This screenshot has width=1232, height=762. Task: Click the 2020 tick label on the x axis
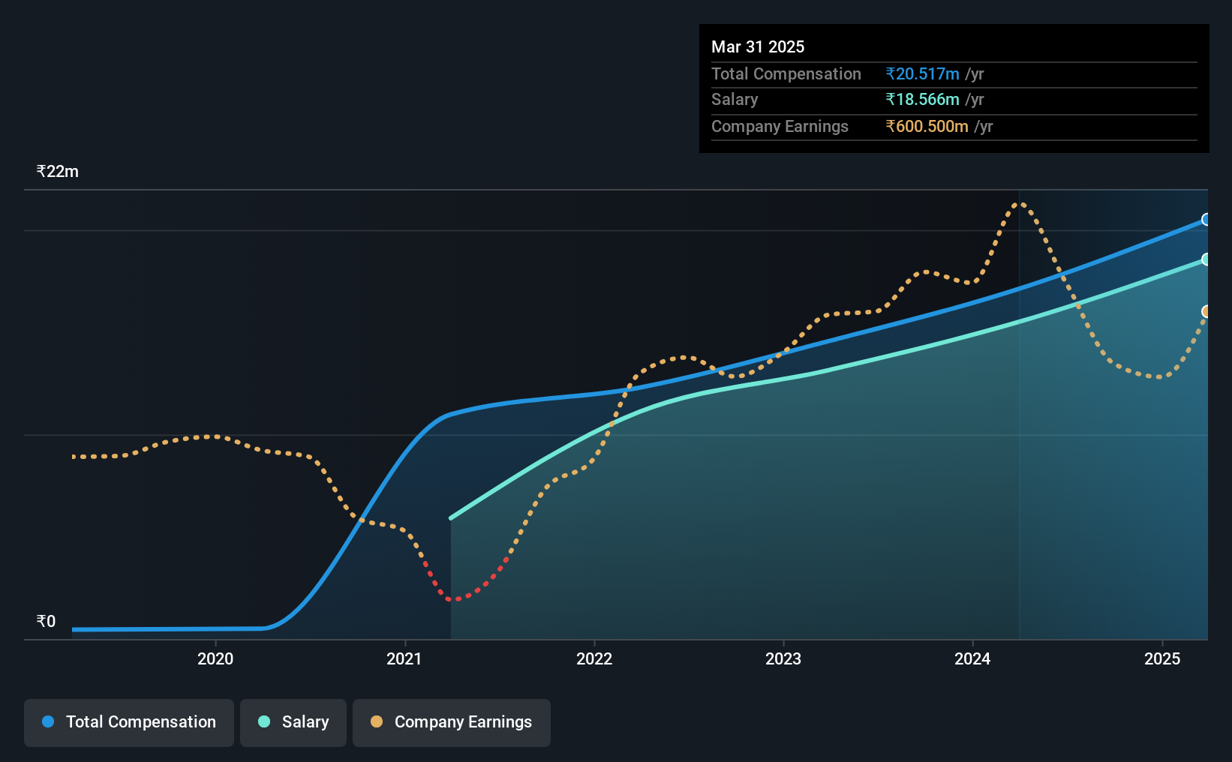pyautogui.click(x=215, y=658)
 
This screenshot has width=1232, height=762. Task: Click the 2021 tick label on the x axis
pyautogui.click(x=404, y=658)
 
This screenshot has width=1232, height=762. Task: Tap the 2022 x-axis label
pyautogui.click(x=594, y=658)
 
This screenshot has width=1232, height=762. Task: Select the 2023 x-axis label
pyautogui.click(x=783, y=658)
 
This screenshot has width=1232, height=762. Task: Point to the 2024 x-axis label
pyautogui.click(x=972, y=658)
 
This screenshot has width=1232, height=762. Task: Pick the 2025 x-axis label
pyautogui.click(x=1162, y=658)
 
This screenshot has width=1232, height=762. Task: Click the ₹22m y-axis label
pyautogui.click(x=58, y=172)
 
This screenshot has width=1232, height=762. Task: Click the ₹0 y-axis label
pyautogui.click(x=47, y=621)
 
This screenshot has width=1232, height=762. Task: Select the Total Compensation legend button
pyautogui.click(x=129, y=722)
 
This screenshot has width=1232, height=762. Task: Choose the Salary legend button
pyautogui.click(x=293, y=722)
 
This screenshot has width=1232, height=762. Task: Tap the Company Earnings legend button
pyautogui.click(x=452, y=722)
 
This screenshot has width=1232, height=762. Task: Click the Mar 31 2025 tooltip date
pyautogui.click(x=757, y=46)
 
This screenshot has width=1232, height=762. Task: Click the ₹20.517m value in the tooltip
pyautogui.click(x=922, y=73)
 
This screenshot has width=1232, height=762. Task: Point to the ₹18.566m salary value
pyautogui.click(x=922, y=100)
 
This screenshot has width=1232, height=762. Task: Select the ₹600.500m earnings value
pyautogui.click(x=927, y=127)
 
